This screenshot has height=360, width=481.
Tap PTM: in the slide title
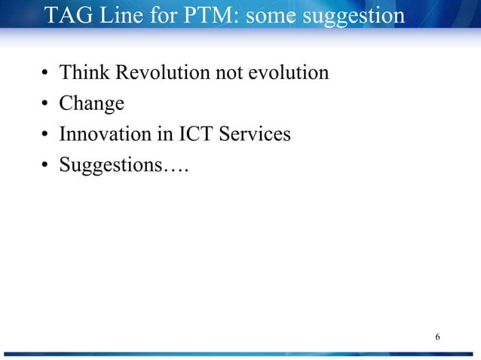209,15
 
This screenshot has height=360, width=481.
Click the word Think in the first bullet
81,72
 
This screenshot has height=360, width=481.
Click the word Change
91,104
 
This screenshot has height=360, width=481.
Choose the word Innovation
106,134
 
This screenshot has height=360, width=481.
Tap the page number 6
438,335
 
